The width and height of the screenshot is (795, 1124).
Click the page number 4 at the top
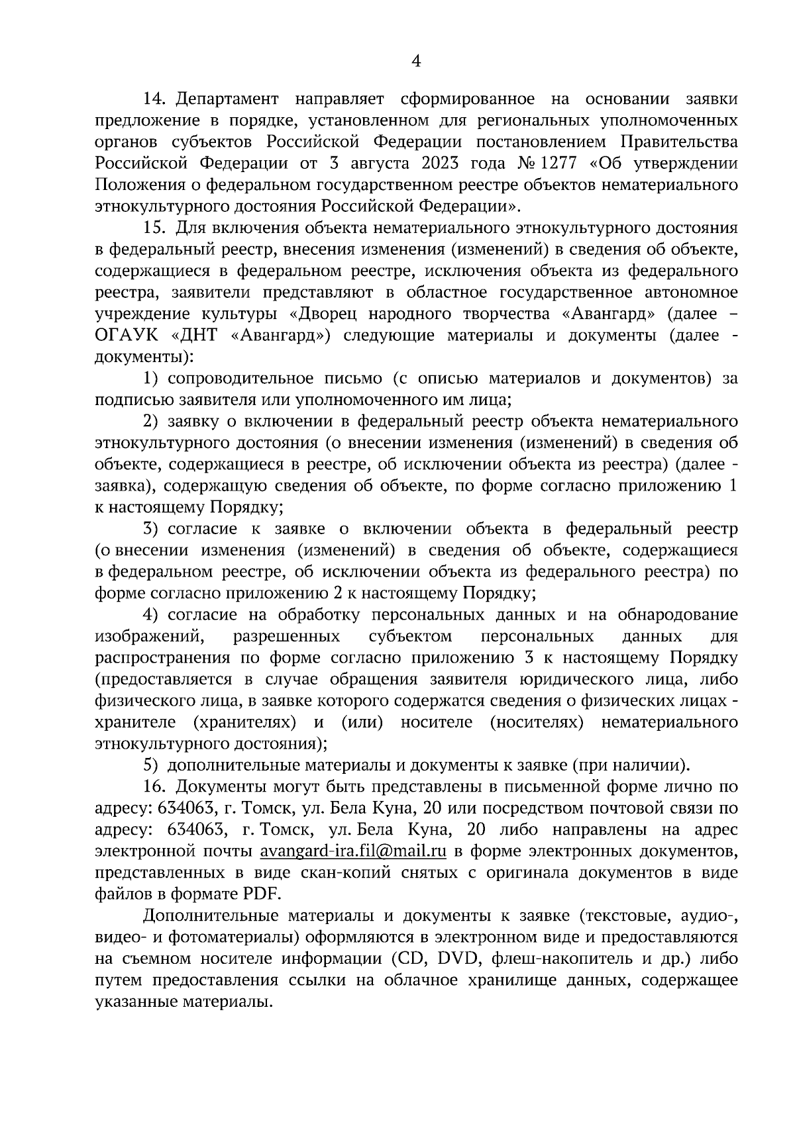point(416,62)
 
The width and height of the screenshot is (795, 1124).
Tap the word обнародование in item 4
point(677,614)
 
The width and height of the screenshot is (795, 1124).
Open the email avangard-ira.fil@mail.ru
point(353,851)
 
